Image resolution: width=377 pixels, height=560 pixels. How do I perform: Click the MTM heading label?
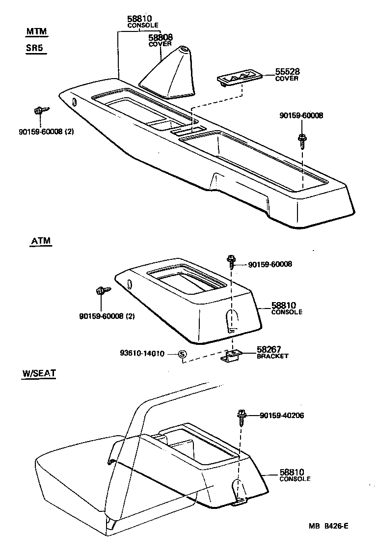pyautogui.click(x=37, y=32)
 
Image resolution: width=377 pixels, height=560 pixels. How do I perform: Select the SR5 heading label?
pyautogui.click(x=36, y=50)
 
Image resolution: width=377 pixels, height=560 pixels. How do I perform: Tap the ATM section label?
pyautogui.click(x=41, y=241)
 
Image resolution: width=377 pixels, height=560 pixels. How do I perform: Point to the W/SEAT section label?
pyautogui.click(x=39, y=373)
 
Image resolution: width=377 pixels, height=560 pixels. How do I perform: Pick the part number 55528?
pyautogui.click(x=287, y=72)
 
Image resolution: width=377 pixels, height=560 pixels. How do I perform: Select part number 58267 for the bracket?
pyautogui.click(x=269, y=350)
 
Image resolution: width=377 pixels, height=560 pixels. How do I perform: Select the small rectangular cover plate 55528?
pyautogui.click(x=240, y=78)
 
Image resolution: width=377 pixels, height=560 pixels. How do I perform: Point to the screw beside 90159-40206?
pyautogui.click(x=242, y=417)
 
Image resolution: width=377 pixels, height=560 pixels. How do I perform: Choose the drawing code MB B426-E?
pyautogui.click(x=328, y=526)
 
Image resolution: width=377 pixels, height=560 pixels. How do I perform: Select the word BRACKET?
pyautogui.click(x=272, y=356)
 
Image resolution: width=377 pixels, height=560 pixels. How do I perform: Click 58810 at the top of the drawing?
pyautogui.click(x=140, y=19)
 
